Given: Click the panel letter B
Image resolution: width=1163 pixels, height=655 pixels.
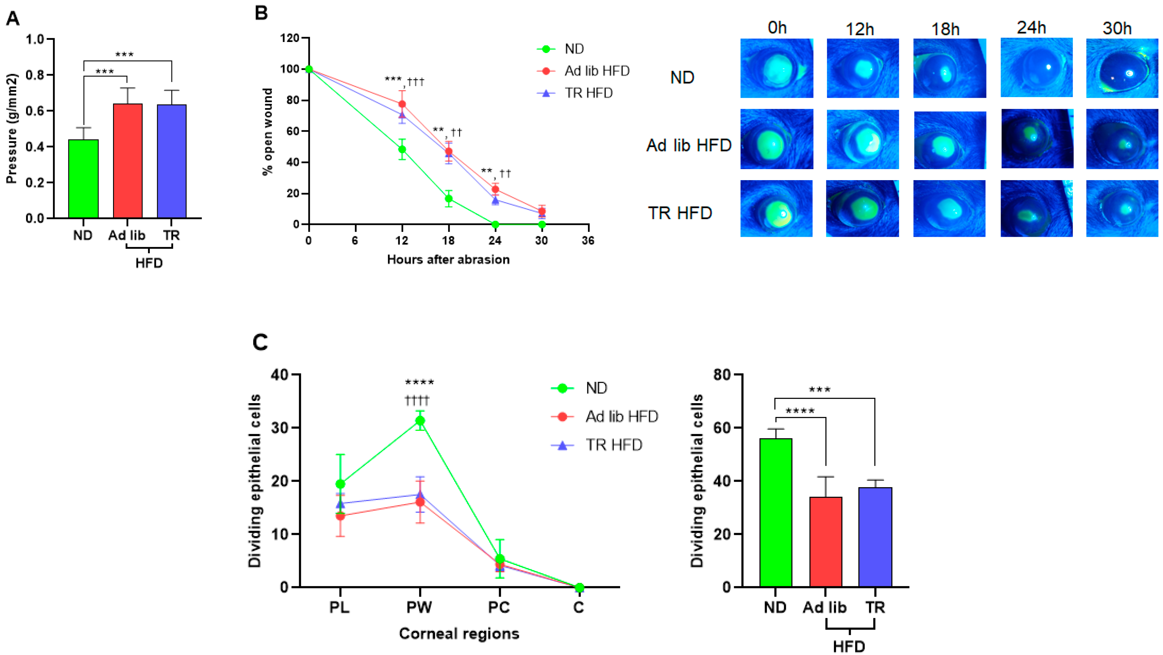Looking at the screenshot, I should [261, 13].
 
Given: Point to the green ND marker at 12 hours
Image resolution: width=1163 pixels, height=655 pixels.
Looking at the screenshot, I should [402, 150].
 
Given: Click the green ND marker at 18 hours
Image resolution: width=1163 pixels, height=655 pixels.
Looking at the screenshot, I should [448, 199].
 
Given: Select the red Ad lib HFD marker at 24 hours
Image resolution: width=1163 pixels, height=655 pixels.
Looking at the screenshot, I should [495, 189].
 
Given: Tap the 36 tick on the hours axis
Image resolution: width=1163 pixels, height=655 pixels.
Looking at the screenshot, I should [588, 240].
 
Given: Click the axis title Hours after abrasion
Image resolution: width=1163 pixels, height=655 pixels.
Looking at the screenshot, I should [448, 259].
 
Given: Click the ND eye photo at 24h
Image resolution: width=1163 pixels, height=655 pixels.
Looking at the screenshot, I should [1036, 68].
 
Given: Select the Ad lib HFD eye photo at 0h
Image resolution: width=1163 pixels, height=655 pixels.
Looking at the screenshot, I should [777, 139].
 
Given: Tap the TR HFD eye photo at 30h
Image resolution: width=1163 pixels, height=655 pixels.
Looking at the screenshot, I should [1122, 209].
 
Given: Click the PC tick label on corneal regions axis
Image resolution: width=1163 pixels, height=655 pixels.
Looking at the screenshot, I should [499, 608].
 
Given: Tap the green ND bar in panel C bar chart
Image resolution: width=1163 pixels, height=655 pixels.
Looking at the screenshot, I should [776, 512].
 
